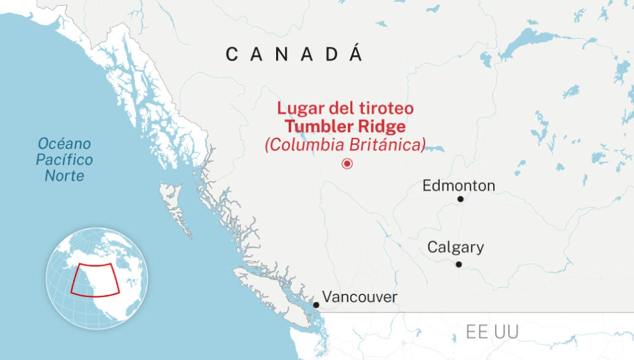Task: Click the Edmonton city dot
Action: click(x=460, y=199)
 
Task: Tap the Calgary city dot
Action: click(x=458, y=264)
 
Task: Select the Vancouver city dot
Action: click(x=315, y=305)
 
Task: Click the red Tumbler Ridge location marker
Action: click(x=347, y=164)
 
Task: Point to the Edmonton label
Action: click(x=458, y=185)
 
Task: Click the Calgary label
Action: click(x=455, y=247)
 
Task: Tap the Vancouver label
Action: click(x=359, y=297)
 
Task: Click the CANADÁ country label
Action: click(x=294, y=55)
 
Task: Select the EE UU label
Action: click(x=492, y=331)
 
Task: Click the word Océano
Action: click(x=64, y=143)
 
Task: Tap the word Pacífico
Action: click(x=64, y=159)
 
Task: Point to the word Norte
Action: click(x=64, y=175)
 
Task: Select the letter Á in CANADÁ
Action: click(x=356, y=53)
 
